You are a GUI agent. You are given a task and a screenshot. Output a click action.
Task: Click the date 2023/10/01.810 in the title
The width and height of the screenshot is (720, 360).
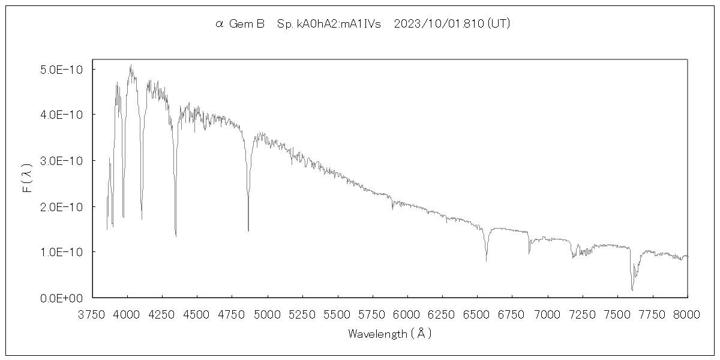439,24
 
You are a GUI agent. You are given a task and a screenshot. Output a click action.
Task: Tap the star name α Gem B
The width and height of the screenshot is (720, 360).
240,24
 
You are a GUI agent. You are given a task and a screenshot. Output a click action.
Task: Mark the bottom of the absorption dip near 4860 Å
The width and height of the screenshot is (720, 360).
248,230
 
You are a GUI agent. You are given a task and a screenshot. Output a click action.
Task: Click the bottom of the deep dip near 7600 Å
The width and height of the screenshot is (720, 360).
632,290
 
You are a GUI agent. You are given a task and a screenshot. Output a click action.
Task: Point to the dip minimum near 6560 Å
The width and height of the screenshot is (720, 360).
486,261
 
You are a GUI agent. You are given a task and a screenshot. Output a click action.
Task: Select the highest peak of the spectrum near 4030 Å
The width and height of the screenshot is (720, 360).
131,65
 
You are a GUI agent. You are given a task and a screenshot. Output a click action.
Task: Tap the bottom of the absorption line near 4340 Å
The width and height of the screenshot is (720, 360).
176,236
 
